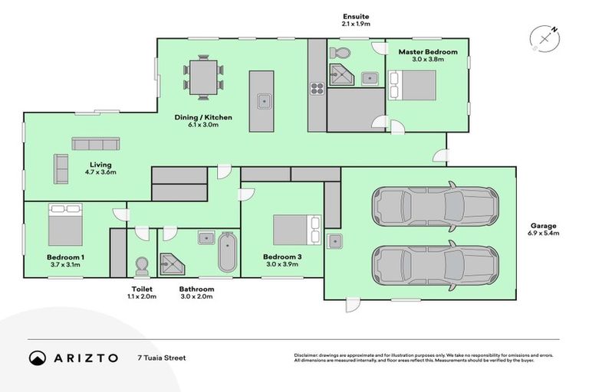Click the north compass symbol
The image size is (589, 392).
[545, 38]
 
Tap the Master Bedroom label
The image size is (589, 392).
[427, 56]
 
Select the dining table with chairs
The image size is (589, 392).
[203, 75]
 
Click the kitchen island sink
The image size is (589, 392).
[262, 100]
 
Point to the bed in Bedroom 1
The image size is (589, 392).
[65, 224]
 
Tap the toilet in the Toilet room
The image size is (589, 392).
[141, 265]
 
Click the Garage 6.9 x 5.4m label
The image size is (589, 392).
[544, 229]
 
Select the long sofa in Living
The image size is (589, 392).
[96, 143]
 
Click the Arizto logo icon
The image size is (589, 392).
[37, 358]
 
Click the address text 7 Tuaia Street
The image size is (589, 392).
[161, 358]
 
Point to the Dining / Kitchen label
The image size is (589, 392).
[202, 121]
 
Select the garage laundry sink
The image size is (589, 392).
[334, 242]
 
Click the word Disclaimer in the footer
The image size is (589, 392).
[308, 355]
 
